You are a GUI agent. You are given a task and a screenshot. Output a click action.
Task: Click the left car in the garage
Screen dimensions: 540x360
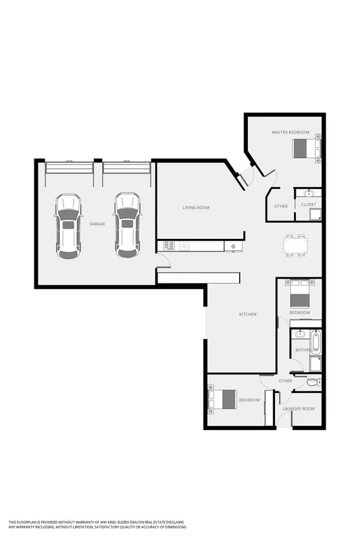coord(68,225)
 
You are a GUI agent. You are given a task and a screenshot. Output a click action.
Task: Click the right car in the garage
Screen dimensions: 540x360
coord(126,225)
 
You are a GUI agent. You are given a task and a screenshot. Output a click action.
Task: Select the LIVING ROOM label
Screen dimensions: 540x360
coord(196,208)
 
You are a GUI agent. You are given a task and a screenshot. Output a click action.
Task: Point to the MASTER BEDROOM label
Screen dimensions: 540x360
coord(290,132)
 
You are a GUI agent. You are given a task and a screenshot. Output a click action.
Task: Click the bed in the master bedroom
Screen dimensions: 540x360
coord(306,147)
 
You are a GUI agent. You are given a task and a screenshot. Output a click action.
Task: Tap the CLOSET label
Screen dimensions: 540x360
coord(309,205)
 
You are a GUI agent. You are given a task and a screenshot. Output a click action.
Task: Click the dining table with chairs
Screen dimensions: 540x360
coord(295,246)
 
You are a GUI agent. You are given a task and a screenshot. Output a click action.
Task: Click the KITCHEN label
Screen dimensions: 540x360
coord(248,315)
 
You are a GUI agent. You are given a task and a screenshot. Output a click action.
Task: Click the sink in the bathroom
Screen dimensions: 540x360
coord(299,334)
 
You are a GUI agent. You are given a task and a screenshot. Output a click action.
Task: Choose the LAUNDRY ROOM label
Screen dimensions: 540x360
coord(299,409)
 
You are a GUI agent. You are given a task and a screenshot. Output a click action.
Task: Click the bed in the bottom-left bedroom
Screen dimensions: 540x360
coord(224,399)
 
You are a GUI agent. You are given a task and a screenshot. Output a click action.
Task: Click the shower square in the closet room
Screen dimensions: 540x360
coord(315,215)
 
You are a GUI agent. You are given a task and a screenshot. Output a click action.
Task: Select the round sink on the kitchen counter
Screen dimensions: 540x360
coord(233,246)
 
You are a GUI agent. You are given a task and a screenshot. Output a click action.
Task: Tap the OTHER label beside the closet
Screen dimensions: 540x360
coord(281,207)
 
